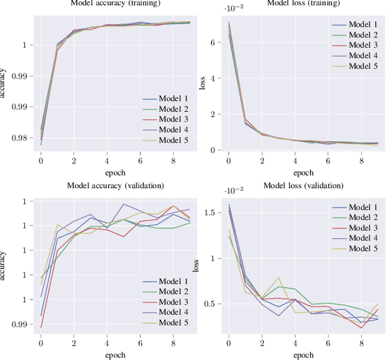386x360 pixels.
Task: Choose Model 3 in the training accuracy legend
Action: (173, 120)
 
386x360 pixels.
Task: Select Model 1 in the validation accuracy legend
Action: (173, 282)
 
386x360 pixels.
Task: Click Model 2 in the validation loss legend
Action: (363, 217)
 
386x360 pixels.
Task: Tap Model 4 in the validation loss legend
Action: (363, 238)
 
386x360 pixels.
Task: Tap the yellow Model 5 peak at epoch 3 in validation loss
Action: (279, 278)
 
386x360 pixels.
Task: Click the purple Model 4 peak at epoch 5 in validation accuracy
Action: (124, 204)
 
